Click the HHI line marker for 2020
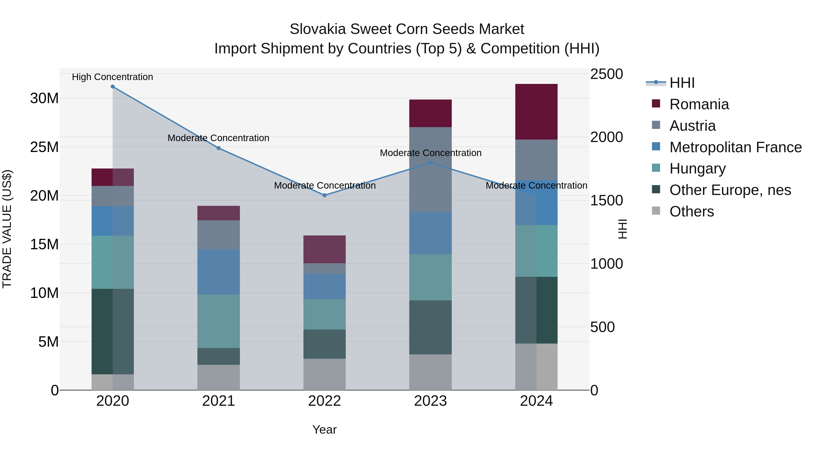113,87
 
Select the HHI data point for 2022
324,195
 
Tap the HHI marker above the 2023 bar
430,163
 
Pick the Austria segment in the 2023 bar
430,169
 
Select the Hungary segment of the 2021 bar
218,321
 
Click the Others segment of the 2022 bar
324,374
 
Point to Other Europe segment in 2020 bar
113,331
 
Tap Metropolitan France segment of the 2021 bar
218,272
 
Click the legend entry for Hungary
697,168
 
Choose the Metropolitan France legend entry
735,147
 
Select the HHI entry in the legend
682,83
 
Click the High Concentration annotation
113,77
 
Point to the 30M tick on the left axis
44,98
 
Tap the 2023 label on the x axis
430,401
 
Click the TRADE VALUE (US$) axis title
7,229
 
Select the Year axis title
324,430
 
